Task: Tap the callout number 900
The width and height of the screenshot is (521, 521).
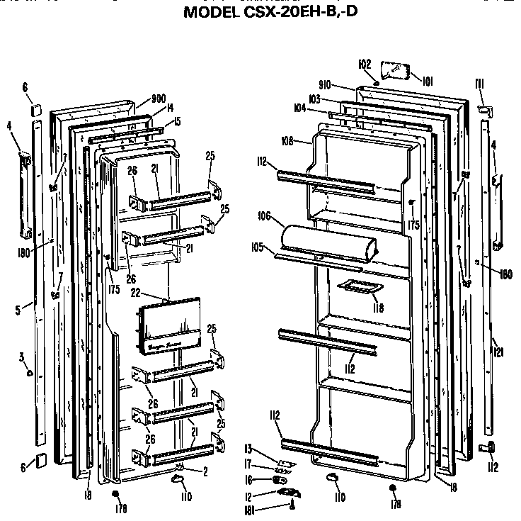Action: (x=159, y=99)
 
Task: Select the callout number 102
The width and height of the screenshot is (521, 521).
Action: (x=365, y=64)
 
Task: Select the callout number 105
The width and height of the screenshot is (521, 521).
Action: (x=257, y=247)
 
